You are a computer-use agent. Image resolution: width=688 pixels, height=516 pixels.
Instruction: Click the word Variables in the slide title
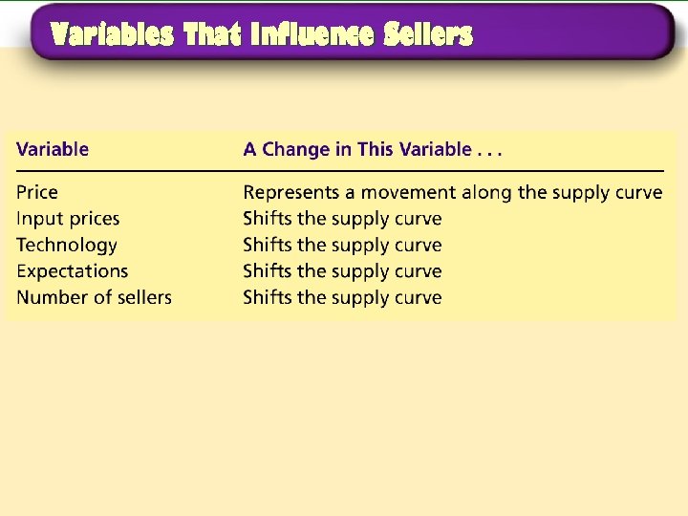[x=113, y=35]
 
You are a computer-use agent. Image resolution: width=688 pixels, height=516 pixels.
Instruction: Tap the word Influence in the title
[x=313, y=35]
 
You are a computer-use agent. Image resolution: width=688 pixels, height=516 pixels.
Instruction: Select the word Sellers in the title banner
[x=428, y=35]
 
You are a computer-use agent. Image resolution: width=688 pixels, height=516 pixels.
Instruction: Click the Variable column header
[x=53, y=149]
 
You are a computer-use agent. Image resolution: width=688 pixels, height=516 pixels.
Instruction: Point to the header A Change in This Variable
[x=373, y=149]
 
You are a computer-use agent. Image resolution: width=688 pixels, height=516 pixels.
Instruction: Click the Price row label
[x=37, y=192]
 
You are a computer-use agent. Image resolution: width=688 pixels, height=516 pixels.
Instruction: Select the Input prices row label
[x=68, y=219]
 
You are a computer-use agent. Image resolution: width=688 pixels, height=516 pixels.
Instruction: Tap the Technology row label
[x=67, y=246]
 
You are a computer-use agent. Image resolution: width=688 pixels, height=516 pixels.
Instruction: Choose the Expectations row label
[x=72, y=271]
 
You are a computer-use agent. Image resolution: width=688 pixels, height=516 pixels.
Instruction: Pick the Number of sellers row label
[x=94, y=297]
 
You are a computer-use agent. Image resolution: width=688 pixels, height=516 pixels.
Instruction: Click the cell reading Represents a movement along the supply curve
[x=452, y=192]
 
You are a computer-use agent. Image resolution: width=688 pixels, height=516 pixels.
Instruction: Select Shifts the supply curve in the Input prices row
[x=342, y=219]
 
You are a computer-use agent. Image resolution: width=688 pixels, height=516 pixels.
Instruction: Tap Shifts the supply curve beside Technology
[x=342, y=246]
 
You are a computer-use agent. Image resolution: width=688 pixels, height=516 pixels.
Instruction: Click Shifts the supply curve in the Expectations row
[x=342, y=271]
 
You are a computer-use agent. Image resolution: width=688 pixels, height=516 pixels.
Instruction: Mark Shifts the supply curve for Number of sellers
[x=342, y=297]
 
